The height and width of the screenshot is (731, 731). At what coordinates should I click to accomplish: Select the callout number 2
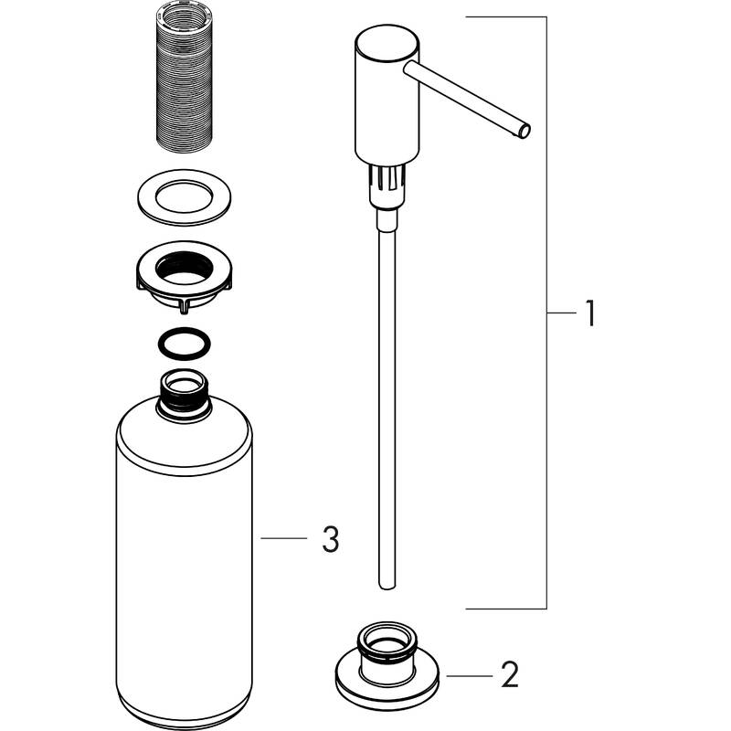pyautogui.click(x=510, y=676)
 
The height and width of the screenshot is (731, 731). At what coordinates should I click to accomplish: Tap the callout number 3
pyautogui.click(x=330, y=539)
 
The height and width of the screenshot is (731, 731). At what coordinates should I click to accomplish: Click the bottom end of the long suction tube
pyautogui.click(x=385, y=579)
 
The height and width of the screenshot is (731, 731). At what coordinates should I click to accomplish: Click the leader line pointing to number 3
pyautogui.click(x=283, y=539)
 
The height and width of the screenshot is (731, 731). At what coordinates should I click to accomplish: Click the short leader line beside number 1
pyautogui.click(x=561, y=313)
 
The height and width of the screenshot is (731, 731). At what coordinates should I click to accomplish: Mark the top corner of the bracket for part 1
pyautogui.click(x=546, y=17)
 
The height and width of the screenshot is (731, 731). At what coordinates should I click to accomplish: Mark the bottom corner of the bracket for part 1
pyautogui.click(x=546, y=609)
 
